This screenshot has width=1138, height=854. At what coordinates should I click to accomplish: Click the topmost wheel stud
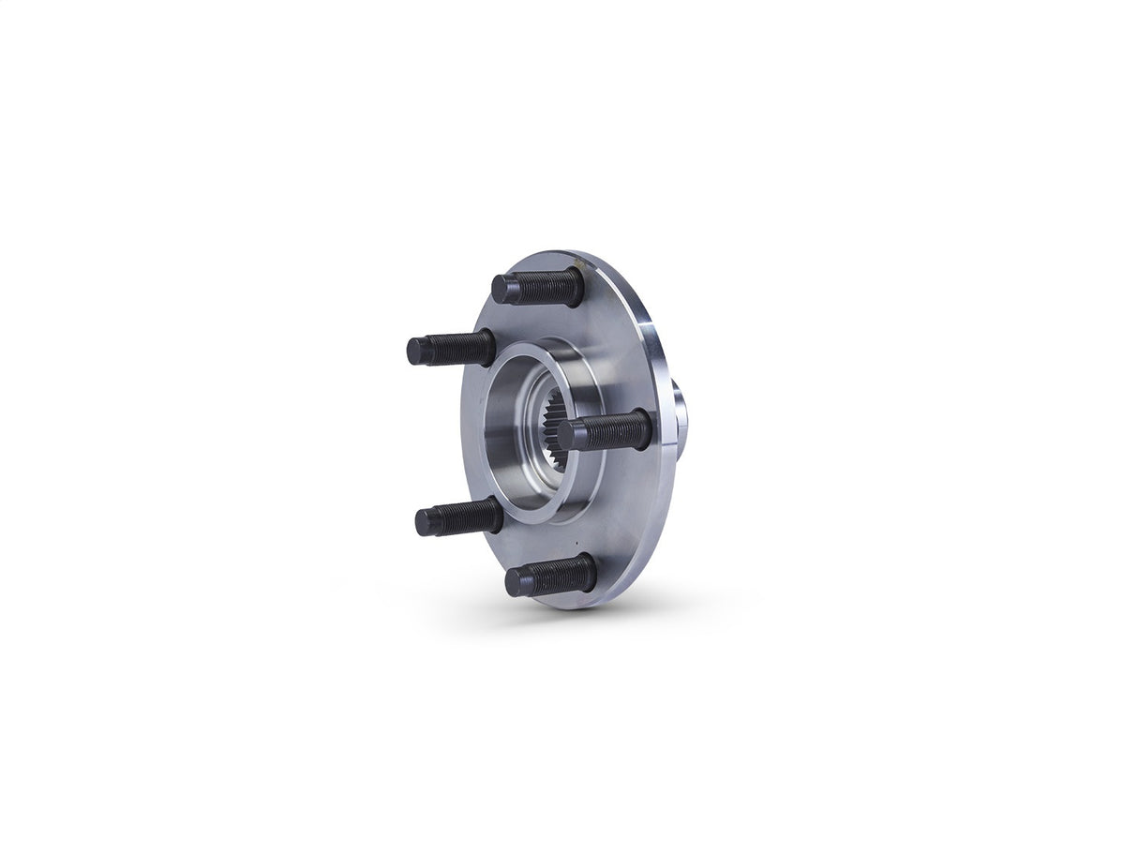click(x=538, y=287)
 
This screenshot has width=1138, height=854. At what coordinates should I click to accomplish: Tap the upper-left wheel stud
click(x=451, y=350)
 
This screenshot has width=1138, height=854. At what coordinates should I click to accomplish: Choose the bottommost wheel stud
click(x=550, y=577)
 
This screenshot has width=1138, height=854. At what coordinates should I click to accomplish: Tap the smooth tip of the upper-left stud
click(x=418, y=352)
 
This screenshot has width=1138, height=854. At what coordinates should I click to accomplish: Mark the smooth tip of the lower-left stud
click(x=427, y=521)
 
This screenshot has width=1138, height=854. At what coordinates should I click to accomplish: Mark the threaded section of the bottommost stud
click(x=563, y=574)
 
